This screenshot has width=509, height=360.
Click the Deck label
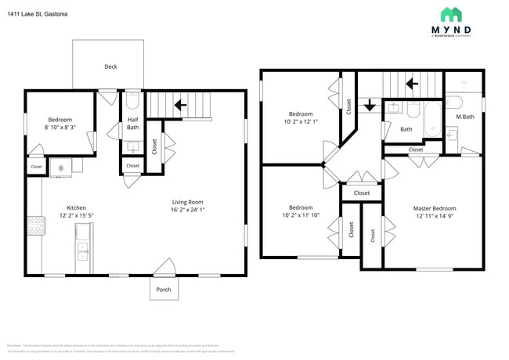point(110,67)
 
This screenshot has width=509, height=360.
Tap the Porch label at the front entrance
point(164,289)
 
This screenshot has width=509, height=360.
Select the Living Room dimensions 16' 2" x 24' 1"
point(188,210)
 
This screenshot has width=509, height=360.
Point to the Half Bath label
point(133,123)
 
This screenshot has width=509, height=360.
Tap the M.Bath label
point(465,117)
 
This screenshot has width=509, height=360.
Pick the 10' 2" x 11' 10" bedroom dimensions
point(301,215)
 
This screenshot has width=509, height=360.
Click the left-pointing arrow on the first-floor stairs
point(179,104)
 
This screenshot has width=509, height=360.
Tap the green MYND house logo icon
point(451,14)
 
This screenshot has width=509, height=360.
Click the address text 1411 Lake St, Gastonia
point(38,13)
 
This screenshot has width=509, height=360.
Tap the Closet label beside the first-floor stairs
point(153,146)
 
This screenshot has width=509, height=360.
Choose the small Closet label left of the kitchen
point(36,167)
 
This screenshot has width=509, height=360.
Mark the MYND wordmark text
point(451,31)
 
